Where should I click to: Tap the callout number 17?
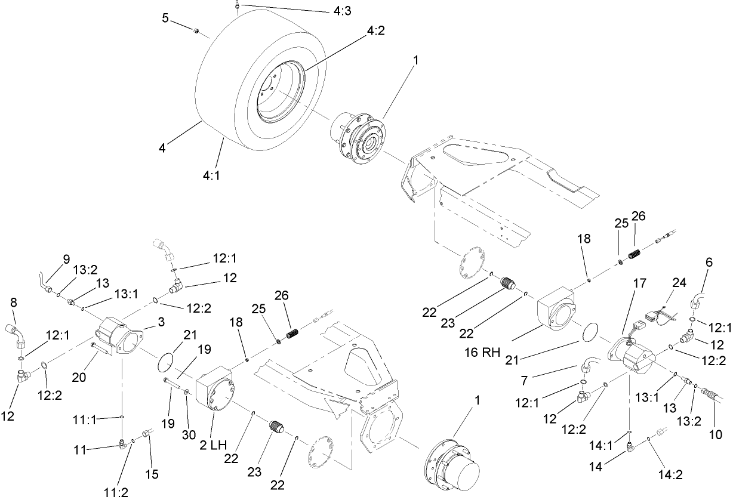point(639,286)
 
